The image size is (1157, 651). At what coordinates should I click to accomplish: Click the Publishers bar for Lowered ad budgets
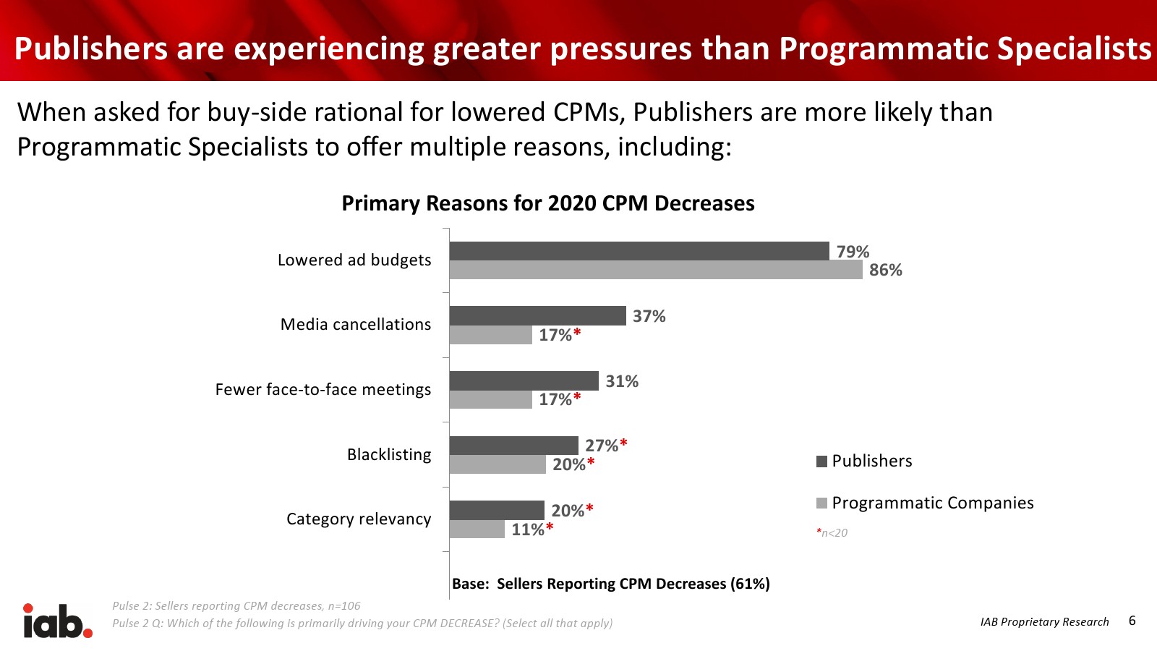click(x=639, y=251)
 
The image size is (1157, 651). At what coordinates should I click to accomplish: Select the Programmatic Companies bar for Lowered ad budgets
click(x=656, y=270)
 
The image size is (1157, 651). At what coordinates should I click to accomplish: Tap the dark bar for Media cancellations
click(x=537, y=315)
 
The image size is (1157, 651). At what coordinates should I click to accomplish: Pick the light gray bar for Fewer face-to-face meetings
click(x=490, y=399)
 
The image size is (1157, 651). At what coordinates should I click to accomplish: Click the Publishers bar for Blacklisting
click(x=513, y=446)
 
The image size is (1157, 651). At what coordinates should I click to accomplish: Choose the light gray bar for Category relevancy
click(x=477, y=529)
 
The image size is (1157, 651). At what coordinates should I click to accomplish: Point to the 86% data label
click(x=885, y=270)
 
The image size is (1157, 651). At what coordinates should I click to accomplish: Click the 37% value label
click(x=649, y=316)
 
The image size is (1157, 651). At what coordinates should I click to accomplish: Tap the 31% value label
click(x=622, y=381)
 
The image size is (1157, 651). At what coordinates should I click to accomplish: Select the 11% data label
click(x=528, y=529)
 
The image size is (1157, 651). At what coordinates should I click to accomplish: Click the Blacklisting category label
click(x=389, y=454)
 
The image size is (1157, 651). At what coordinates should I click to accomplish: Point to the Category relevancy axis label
click(x=359, y=519)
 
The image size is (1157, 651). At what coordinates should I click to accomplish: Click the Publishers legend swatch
click(x=821, y=461)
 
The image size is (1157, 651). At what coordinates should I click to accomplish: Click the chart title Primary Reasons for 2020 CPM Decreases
click(x=547, y=203)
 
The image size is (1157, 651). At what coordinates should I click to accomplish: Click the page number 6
click(x=1132, y=621)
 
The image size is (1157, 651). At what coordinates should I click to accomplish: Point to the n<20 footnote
click(x=832, y=533)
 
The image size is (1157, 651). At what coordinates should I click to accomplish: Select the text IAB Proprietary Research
click(x=1044, y=622)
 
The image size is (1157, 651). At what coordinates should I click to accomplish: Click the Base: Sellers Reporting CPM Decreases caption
click(x=610, y=584)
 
